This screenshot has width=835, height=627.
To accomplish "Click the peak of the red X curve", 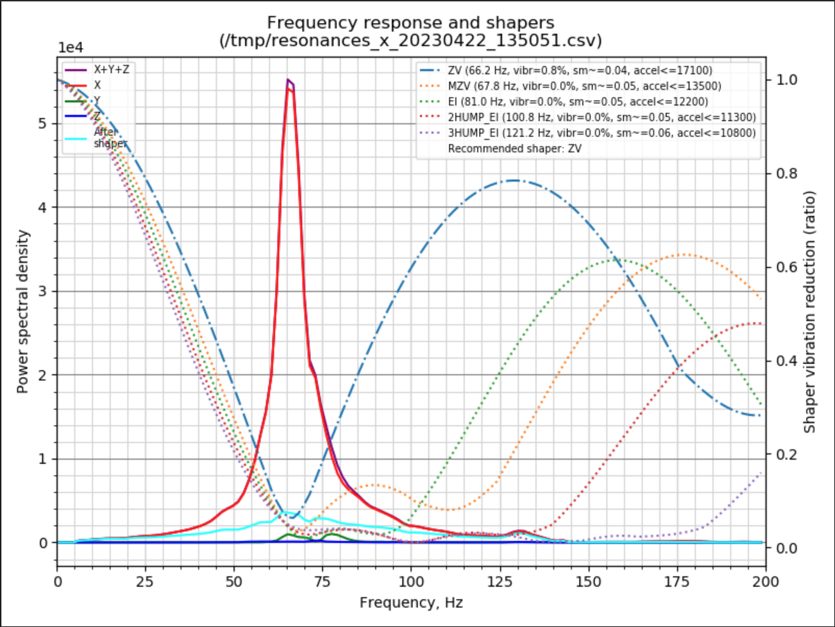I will tap(289, 88).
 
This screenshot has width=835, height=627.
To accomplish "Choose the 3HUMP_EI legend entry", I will tap(601, 132).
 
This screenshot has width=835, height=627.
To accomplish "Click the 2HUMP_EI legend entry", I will tap(601, 117).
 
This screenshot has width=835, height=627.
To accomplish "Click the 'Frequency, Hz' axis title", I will tap(411, 603).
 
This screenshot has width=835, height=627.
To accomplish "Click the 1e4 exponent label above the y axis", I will tap(70, 48).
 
